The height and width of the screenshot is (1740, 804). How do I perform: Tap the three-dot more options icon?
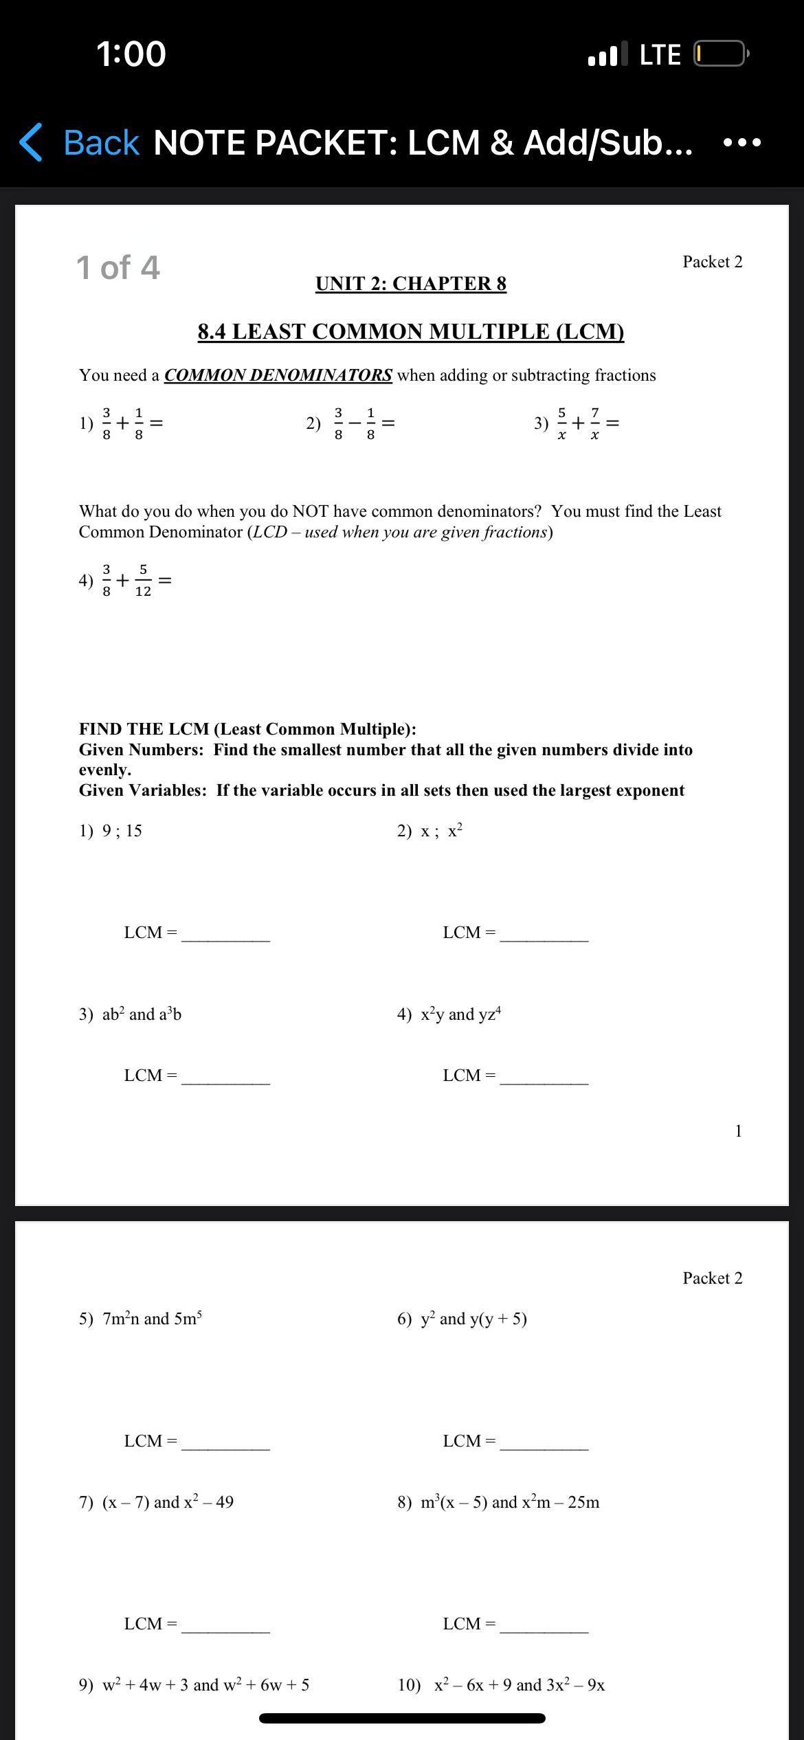pyautogui.click(x=742, y=143)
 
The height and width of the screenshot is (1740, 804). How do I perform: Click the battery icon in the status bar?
pyautogui.click(x=720, y=54)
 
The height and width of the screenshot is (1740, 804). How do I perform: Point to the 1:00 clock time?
pyautogui.click(x=131, y=54)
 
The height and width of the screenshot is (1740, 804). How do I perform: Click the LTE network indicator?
pyautogui.click(x=660, y=54)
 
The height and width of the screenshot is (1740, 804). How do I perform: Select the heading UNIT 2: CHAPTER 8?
pyautogui.click(x=411, y=283)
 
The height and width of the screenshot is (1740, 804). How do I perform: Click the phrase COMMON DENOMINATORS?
pyautogui.click(x=278, y=375)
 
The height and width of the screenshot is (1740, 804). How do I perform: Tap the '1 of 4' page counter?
pyautogui.click(x=118, y=267)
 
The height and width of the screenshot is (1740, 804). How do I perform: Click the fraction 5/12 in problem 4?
pyautogui.click(x=143, y=581)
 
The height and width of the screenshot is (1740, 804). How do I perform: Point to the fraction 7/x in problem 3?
pyautogui.click(x=594, y=423)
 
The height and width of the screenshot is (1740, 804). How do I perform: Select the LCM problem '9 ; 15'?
pyautogui.click(x=122, y=831)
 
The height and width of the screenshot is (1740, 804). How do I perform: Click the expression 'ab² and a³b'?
pyautogui.click(x=142, y=1014)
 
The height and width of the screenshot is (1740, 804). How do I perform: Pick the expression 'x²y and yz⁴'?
pyautogui.click(x=460, y=1014)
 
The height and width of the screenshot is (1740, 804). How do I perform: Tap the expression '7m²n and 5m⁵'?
pyautogui.click(x=152, y=1319)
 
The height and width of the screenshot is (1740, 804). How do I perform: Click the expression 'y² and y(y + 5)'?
pyautogui.click(x=473, y=1319)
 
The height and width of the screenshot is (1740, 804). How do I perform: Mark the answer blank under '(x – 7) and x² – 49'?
pyautogui.click(x=225, y=1623)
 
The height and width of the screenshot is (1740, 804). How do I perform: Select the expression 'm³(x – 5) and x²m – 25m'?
pyautogui.click(x=510, y=1502)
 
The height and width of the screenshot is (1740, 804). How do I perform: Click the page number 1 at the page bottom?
pyautogui.click(x=738, y=1131)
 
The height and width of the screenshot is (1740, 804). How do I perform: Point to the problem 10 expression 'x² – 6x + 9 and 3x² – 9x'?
pyautogui.click(x=519, y=1685)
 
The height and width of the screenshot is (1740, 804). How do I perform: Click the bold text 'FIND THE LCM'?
pyautogui.click(x=144, y=729)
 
